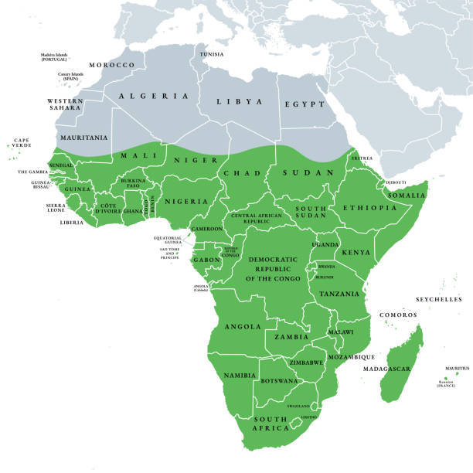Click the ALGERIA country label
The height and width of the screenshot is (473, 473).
[154, 96]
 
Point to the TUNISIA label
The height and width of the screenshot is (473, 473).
[212, 54]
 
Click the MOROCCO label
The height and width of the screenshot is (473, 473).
[112, 65]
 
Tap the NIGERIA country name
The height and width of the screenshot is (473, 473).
[186, 201]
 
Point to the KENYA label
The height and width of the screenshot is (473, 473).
[356, 253]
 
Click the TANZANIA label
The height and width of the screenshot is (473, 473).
[339, 294]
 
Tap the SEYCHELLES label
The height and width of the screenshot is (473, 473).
[438, 299]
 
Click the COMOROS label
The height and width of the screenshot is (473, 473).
[398, 315]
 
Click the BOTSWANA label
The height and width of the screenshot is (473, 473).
[281, 381]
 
